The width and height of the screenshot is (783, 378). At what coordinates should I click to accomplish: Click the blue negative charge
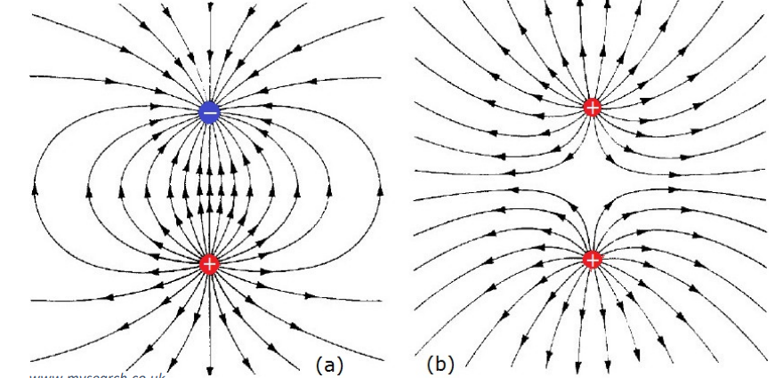pyautogui.click(x=209, y=112)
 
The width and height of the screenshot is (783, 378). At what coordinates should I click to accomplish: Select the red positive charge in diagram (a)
pyautogui.click(x=209, y=263)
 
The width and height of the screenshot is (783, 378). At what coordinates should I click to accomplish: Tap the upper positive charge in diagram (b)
pyautogui.click(x=593, y=108)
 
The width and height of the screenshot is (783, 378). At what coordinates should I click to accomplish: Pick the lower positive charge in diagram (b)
pyautogui.click(x=593, y=260)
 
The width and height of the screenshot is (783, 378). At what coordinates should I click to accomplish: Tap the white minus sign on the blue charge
pyautogui.click(x=209, y=112)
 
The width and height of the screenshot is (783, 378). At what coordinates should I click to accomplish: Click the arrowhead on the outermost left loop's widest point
pyautogui.click(x=36, y=188)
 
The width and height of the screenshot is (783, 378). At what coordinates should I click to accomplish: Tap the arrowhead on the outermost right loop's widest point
pyautogui.click(x=382, y=188)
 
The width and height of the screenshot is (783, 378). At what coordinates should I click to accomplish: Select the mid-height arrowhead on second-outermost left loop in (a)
pyautogui.click(x=89, y=189)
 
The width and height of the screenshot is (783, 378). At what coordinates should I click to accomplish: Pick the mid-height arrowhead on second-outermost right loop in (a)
pyautogui.click(x=329, y=189)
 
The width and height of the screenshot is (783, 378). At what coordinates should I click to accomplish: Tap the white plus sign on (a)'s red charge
pyautogui.click(x=209, y=263)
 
